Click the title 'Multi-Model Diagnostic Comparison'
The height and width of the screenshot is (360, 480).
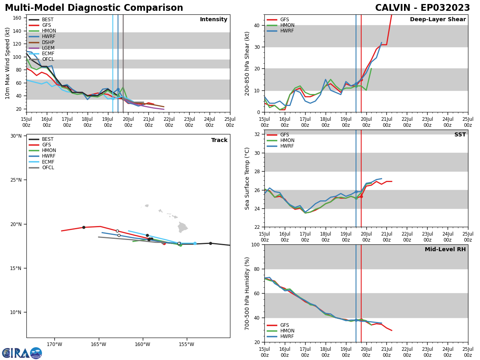click(x=94, y=8)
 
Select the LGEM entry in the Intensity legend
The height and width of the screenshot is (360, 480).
click(x=48, y=48)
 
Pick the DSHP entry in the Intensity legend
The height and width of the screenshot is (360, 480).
click(x=48, y=42)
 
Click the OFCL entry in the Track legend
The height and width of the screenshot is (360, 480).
click(x=48, y=168)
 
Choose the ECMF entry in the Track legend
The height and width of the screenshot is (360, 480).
click(x=48, y=162)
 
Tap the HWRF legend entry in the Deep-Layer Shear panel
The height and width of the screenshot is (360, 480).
click(x=287, y=31)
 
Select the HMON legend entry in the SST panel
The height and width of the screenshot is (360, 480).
click(x=287, y=140)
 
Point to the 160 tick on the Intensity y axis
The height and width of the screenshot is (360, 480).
click(x=17, y=18)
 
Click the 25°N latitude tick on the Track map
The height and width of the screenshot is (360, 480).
click(x=16, y=180)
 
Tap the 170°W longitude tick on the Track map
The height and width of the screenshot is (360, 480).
click(x=54, y=344)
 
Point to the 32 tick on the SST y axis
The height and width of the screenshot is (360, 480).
click(x=257, y=134)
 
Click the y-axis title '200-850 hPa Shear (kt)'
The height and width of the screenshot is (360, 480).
click(x=248, y=64)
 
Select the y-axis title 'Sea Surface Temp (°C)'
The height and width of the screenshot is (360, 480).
click(x=248, y=178)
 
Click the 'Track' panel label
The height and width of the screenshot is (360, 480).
click(x=219, y=140)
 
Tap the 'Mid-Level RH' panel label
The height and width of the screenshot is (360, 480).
click(x=445, y=250)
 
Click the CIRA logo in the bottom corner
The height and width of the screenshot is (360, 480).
click(x=22, y=353)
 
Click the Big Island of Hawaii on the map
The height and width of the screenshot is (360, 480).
click(x=182, y=228)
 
